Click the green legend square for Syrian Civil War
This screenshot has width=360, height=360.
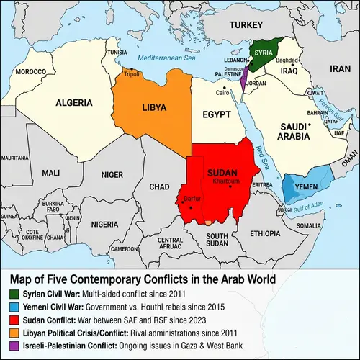(x=15, y=294)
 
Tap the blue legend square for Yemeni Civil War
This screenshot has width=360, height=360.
(x=15, y=306)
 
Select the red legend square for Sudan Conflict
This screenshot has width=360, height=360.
(x=15, y=319)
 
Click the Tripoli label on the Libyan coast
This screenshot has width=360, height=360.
(x=132, y=74)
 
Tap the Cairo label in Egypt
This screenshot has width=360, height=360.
(x=222, y=93)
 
